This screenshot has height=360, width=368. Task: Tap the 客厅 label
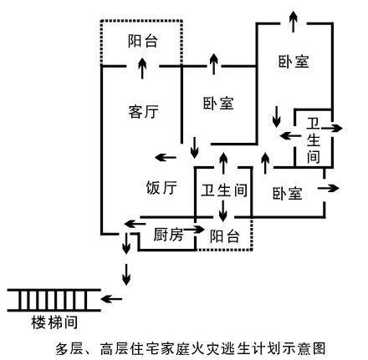point(144,111)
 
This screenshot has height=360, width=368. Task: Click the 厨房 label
point(167,236)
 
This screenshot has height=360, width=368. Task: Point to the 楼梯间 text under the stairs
point(55,320)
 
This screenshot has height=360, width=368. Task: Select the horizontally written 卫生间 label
point(223,190)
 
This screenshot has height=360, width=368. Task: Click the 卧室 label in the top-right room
point(294,61)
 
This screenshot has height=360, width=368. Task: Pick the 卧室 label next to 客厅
point(217,104)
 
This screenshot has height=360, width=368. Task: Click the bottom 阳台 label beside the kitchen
point(225,236)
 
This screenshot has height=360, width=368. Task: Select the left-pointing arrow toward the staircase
point(113,298)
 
